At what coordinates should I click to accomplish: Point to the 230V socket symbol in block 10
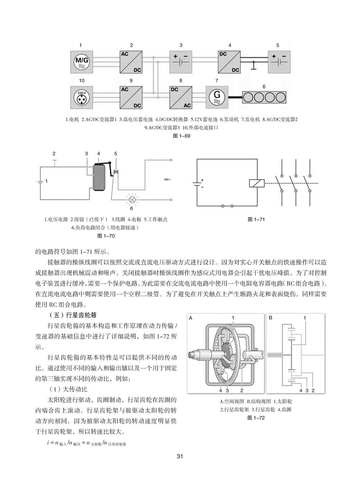81,97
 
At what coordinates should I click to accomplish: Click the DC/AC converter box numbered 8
181,97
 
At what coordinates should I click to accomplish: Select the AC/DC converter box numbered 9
131,97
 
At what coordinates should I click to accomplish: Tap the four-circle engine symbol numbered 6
264,97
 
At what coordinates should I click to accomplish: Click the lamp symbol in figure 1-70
131,199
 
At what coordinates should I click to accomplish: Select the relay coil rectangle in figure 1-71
257,183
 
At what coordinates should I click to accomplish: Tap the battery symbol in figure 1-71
197,183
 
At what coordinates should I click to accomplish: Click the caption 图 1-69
182,136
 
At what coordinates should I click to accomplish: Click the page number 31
180,456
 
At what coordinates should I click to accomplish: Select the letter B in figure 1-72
271,318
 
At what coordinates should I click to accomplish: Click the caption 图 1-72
256,418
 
